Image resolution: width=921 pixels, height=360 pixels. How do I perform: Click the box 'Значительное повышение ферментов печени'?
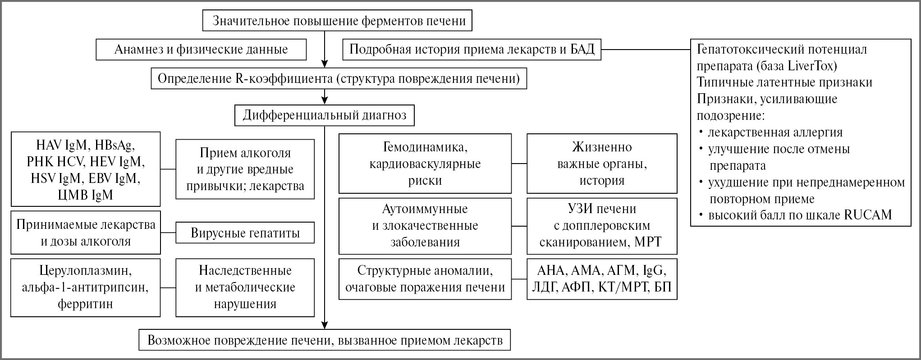[337, 21]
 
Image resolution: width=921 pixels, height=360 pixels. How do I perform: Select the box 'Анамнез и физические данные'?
[201, 50]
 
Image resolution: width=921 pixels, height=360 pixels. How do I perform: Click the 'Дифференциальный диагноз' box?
[324, 116]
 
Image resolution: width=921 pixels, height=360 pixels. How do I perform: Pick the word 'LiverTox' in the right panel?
[812, 66]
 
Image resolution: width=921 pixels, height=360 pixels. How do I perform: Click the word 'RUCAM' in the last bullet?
[868, 215]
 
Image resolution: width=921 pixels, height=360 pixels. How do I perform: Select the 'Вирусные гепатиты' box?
[245, 233]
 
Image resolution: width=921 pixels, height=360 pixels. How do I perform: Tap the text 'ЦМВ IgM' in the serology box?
[85, 195]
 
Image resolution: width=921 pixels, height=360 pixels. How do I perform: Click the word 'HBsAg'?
[114, 146]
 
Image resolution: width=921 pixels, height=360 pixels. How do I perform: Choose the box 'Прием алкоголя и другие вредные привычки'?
[245, 169]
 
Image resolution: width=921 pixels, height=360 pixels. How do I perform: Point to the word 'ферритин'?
[85, 304]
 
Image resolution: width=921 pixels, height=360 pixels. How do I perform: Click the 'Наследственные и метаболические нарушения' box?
[245, 287]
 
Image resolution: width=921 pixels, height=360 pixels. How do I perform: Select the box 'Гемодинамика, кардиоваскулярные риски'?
[425, 164]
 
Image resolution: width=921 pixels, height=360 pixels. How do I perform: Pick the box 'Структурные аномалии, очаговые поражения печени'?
[425, 279]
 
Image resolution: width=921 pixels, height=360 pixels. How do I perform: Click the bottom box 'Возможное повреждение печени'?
[325, 340]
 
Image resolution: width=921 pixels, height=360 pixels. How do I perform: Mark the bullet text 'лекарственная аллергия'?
[775, 132]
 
